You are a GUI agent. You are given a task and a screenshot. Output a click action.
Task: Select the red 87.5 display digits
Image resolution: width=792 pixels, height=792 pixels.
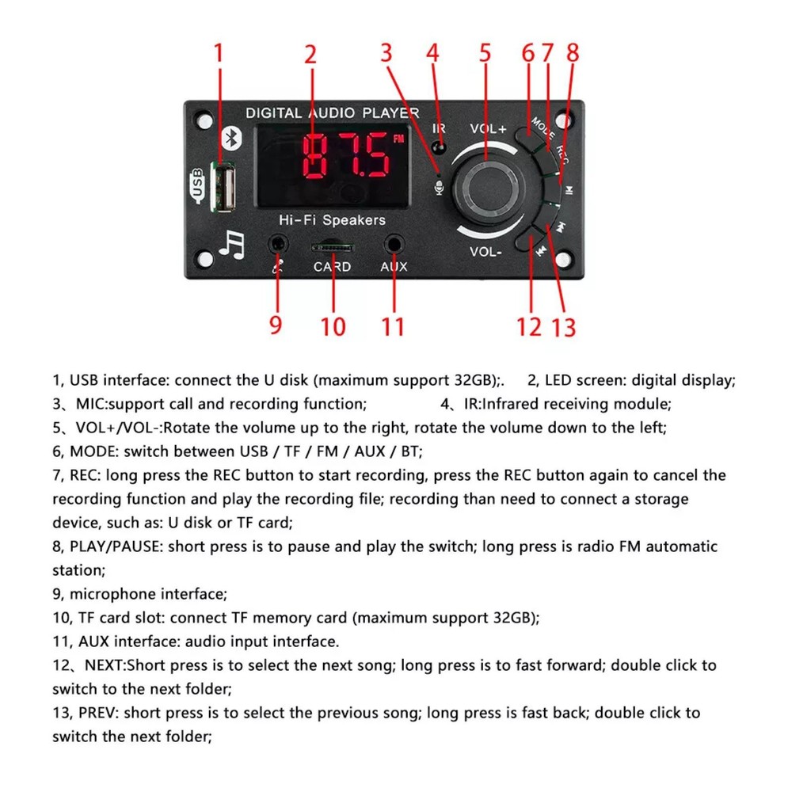coord(341,154)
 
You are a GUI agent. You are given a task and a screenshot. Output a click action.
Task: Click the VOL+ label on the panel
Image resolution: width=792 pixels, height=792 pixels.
coord(488,129)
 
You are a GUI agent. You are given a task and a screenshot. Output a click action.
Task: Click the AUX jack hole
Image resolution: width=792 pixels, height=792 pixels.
coord(394,244)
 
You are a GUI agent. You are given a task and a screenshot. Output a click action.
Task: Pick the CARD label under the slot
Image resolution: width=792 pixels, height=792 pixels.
coord(332,267)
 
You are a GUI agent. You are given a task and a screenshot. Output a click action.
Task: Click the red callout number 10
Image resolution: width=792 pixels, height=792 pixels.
coord(333,326)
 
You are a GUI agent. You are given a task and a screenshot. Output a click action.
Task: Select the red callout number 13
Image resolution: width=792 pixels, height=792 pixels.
coord(563,326)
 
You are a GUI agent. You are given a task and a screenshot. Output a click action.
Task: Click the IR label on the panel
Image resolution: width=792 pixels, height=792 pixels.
coord(439,128)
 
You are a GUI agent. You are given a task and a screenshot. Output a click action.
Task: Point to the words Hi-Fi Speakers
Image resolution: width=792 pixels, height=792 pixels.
coord(332,219)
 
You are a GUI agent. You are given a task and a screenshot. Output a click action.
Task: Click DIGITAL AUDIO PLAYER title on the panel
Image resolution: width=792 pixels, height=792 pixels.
coord(332,113)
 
